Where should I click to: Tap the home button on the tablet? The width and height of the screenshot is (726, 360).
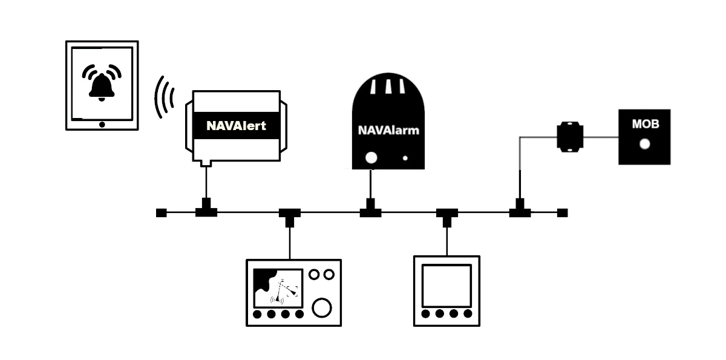click(x=102, y=124)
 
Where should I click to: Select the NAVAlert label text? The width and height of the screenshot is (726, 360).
click(x=236, y=126)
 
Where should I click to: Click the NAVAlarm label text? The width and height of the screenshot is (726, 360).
click(x=388, y=129)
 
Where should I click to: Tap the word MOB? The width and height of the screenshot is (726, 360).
click(x=645, y=125)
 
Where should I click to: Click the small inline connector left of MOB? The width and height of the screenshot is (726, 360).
click(x=569, y=137)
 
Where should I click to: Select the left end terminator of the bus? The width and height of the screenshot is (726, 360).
click(x=161, y=212)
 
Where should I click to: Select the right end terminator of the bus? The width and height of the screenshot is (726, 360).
click(x=562, y=212)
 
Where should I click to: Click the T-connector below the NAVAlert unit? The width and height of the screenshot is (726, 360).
click(x=206, y=211)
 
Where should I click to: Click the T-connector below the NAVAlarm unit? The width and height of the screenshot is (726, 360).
click(x=370, y=211)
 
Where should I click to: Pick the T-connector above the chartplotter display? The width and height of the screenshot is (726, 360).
click(x=290, y=215)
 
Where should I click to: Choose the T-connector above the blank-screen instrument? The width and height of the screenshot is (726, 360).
click(x=447, y=215)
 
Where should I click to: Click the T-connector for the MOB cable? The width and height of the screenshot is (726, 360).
click(x=519, y=211)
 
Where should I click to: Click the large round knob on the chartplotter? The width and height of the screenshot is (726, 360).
click(x=322, y=307)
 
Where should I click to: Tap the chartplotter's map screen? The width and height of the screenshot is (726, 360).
click(x=278, y=287)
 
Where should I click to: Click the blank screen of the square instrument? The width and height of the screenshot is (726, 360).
click(x=446, y=285)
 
